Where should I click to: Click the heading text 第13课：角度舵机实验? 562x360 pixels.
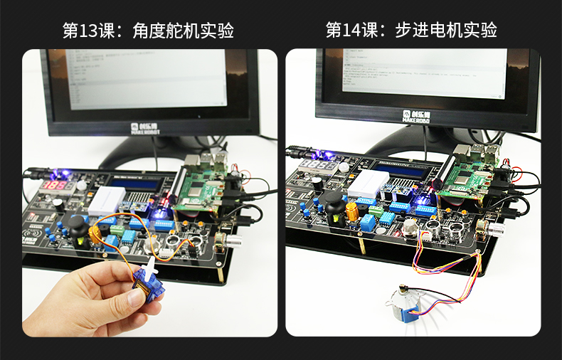[148, 31]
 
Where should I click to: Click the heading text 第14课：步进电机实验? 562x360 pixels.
[411, 31]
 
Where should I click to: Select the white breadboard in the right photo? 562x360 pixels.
[368, 183]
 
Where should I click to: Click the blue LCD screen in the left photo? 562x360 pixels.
[142, 184]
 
